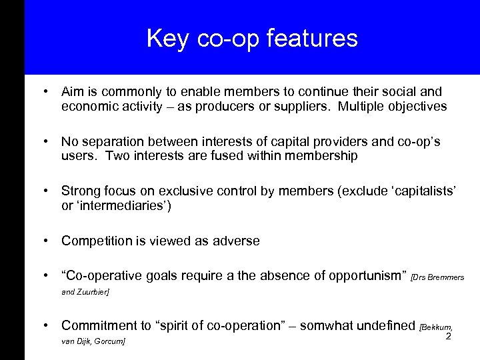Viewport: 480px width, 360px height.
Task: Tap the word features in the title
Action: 315,38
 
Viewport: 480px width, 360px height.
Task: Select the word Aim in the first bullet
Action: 71,91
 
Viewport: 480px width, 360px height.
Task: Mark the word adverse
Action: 237,241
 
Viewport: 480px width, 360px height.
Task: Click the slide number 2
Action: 448,337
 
